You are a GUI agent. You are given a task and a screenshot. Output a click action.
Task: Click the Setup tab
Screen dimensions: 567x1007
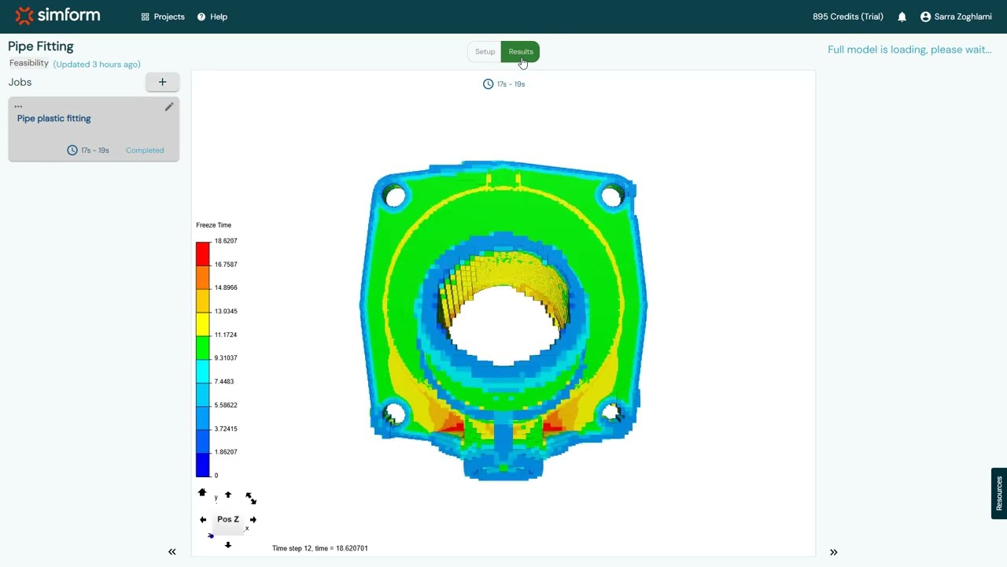(485, 52)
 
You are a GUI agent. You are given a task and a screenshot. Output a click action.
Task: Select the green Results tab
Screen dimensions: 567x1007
(520, 52)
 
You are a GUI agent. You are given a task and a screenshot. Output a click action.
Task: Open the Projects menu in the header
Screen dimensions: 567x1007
(163, 17)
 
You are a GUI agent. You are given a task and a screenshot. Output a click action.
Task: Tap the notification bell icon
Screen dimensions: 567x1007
(902, 17)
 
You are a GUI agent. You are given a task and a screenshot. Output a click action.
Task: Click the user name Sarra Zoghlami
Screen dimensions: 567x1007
(962, 17)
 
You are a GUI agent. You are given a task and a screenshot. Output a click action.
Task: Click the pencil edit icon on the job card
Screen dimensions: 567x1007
(168, 107)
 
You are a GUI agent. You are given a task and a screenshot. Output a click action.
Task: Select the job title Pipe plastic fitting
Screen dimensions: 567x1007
(54, 118)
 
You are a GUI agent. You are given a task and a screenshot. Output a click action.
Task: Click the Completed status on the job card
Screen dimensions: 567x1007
(145, 150)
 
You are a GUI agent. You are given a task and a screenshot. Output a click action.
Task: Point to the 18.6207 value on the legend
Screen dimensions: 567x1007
(226, 241)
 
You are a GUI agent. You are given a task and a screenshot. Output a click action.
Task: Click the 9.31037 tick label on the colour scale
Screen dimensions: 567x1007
(226, 358)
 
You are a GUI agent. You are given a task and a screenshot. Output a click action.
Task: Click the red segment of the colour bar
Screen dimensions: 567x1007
(203, 254)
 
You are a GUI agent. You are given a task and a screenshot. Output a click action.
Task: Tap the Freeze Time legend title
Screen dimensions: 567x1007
(213, 225)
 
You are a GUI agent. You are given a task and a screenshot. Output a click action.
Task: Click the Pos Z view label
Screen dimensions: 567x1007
(227, 520)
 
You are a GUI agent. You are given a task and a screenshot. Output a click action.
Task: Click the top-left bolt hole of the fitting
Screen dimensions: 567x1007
(395, 195)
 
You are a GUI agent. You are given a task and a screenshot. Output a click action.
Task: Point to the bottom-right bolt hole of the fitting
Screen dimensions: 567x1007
(610, 412)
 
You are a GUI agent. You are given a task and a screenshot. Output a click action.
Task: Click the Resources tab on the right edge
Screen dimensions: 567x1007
(998, 494)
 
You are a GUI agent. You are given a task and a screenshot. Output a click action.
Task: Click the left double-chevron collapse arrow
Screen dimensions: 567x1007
(172, 552)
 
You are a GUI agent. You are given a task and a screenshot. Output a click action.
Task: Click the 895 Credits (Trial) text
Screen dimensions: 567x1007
(847, 17)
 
